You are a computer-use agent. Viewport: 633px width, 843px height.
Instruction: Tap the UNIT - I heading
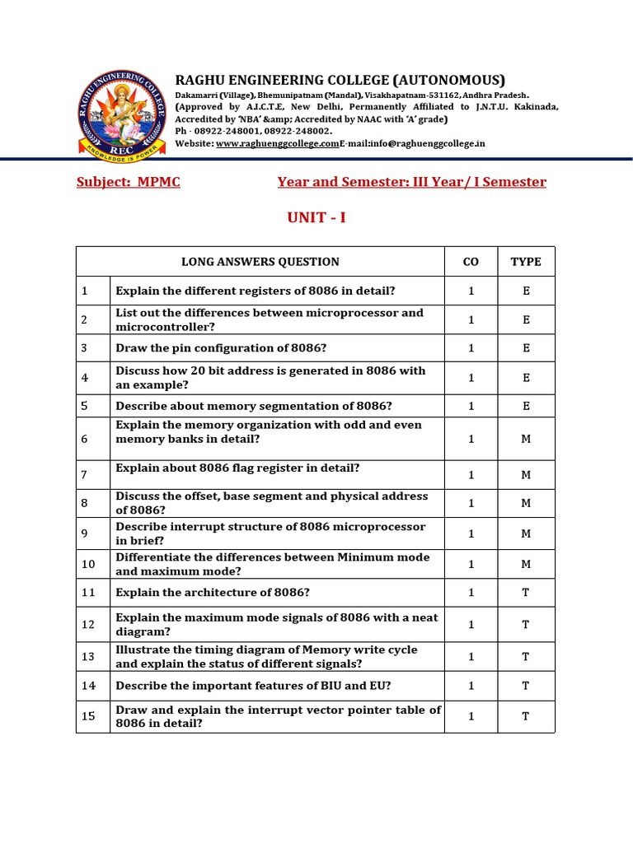pyautogui.click(x=316, y=218)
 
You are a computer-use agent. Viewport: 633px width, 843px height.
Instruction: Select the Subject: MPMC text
pyautogui.click(x=128, y=182)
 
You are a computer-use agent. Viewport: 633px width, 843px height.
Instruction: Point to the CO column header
pyautogui.click(x=471, y=262)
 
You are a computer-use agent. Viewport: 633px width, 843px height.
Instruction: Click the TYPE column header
pyautogui.click(x=526, y=262)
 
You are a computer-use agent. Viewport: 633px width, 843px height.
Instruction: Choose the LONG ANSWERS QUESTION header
pyautogui.click(x=260, y=262)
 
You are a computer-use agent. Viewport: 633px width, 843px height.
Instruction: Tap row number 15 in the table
pyautogui.click(x=88, y=716)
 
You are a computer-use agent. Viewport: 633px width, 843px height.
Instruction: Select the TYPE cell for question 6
pyautogui.click(x=526, y=439)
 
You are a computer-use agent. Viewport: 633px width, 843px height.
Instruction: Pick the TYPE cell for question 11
pyautogui.click(x=526, y=593)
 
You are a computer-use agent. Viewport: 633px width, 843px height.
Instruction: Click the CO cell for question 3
pyautogui.click(x=471, y=348)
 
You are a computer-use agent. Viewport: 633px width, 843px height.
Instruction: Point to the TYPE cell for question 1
pyautogui.click(x=526, y=291)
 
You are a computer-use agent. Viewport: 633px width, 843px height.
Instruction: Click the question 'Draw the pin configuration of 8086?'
pyautogui.click(x=221, y=348)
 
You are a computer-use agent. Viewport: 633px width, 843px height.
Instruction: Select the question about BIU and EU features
pyautogui.click(x=253, y=685)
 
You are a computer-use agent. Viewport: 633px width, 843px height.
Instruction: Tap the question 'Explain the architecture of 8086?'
pyautogui.click(x=213, y=593)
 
